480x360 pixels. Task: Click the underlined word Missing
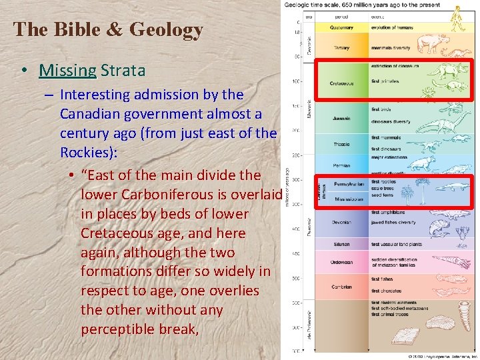click(67, 70)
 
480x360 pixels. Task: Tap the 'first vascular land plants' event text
click(397, 244)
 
